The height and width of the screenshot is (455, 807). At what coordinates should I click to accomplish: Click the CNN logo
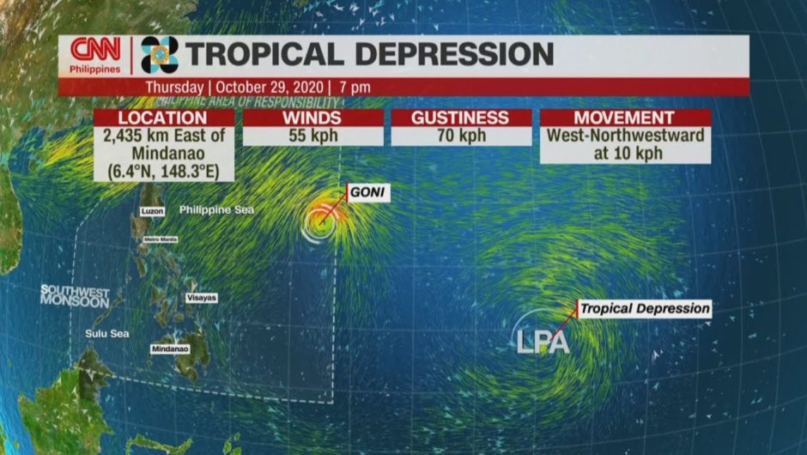pos(95,50)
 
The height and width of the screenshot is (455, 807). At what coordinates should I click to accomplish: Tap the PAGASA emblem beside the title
pos(160,55)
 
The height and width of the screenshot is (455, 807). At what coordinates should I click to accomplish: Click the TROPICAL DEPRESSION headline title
pos(370,54)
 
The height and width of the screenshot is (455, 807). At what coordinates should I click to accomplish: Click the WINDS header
pos(312,118)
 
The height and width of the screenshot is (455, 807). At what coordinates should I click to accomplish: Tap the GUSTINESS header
pos(461,118)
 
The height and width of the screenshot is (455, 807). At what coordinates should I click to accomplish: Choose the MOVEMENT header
pos(625,118)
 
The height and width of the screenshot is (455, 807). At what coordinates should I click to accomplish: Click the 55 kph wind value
pos(312,136)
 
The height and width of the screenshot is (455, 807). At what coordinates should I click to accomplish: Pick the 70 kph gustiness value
pos(461,136)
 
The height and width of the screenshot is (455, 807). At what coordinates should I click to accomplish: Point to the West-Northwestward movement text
pos(625,136)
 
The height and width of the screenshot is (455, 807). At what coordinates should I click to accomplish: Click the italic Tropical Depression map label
pos(645,308)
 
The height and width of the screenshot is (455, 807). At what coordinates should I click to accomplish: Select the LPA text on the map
pos(543,342)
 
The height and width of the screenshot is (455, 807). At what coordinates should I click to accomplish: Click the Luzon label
pos(150,211)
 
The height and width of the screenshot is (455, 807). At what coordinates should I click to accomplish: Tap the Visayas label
pos(202,297)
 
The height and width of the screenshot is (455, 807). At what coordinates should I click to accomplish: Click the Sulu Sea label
pos(107,333)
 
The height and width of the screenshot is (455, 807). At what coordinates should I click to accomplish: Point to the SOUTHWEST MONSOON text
pos(75,296)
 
